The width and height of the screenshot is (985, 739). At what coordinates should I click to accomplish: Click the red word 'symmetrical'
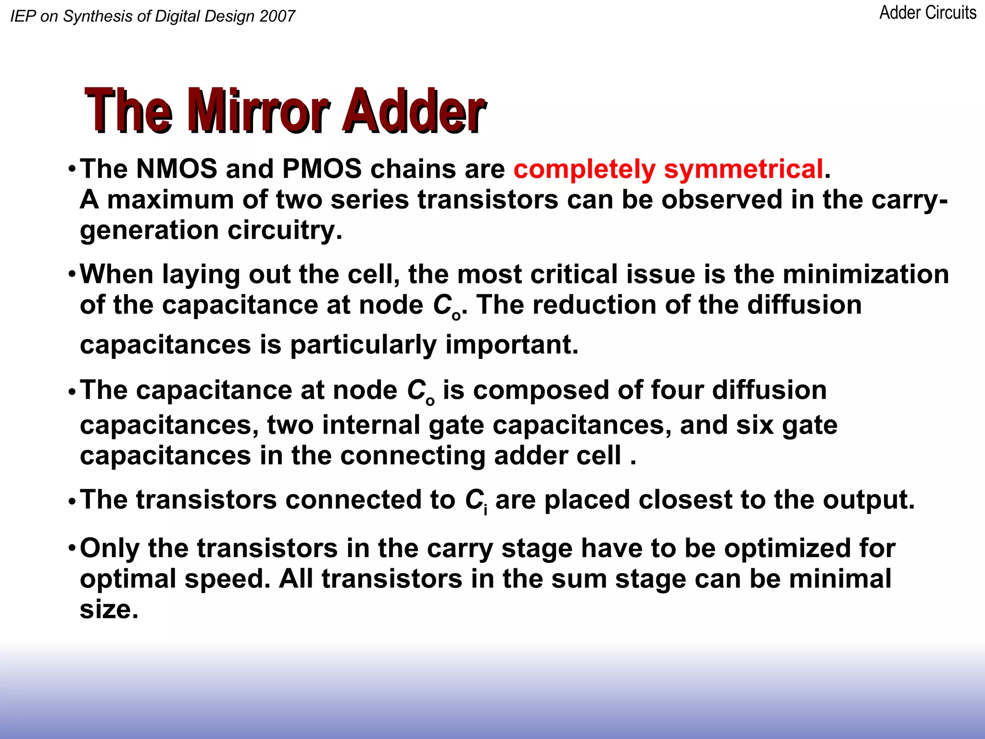pyautogui.click(x=744, y=169)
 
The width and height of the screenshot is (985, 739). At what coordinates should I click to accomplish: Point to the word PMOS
pyautogui.click(x=322, y=169)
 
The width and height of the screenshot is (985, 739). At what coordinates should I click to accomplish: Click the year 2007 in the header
pyautogui.click(x=277, y=16)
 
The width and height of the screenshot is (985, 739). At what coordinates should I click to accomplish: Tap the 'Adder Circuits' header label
pyautogui.click(x=928, y=13)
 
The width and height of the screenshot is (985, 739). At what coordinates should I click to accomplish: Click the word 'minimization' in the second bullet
pyautogui.click(x=866, y=274)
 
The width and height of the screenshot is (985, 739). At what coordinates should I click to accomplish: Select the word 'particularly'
pyautogui.click(x=363, y=345)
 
